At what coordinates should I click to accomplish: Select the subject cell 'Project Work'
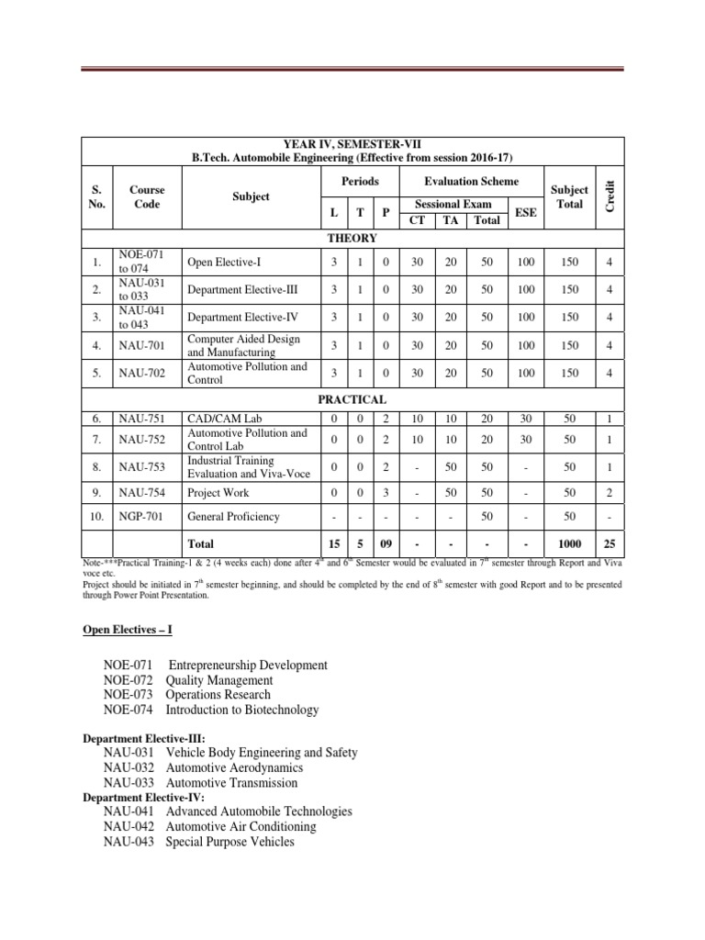(218, 493)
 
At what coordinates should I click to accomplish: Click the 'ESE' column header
(525, 211)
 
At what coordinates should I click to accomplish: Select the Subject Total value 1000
(569, 544)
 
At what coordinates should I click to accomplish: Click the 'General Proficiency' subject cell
(233, 517)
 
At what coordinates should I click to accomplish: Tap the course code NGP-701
(140, 517)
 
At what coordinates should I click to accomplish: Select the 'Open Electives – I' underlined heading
(125, 629)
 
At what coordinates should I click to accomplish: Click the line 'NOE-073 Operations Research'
(200, 695)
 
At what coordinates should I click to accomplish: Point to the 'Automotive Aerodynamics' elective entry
(234, 767)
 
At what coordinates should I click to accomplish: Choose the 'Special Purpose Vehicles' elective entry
(229, 841)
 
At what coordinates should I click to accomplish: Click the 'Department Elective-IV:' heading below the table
(143, 797)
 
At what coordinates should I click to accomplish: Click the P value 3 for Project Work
(386, 493)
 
